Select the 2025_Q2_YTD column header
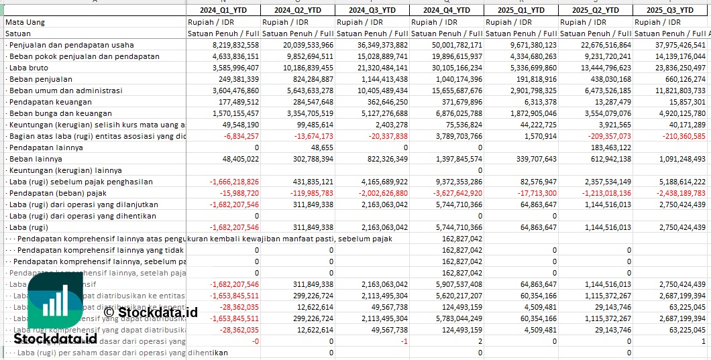596,10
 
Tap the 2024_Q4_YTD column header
446,10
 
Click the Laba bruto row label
28,68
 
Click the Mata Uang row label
25,22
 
